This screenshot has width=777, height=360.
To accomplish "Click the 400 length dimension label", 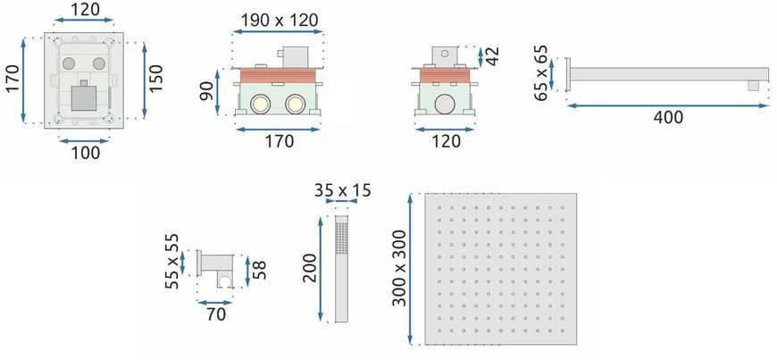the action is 668,118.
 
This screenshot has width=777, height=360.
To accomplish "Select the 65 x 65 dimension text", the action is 541,73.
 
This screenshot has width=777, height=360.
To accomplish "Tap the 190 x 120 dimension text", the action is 280,21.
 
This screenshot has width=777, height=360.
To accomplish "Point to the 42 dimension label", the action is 493,56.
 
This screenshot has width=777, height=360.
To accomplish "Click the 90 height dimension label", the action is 206,91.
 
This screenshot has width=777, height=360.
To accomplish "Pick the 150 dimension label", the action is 155,78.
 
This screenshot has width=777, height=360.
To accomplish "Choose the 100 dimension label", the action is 84,153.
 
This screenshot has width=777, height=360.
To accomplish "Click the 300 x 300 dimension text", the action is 399,268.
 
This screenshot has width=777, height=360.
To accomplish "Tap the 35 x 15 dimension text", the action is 342,190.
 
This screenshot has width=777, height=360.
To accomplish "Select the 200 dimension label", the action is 309,268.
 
